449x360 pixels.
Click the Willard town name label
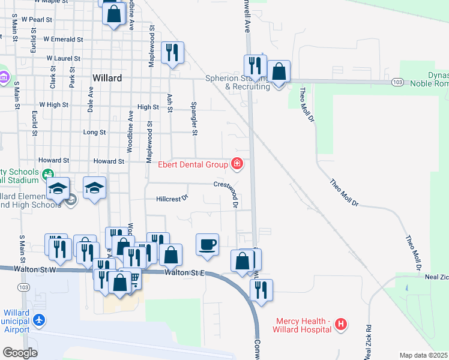[107, 78]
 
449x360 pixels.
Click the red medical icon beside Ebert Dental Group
[237, 164]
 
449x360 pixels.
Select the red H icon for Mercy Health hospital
[341, 325]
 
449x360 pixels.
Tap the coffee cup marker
[207, 244]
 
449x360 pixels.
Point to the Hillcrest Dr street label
[172, 197]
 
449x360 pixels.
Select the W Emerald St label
[62, 39]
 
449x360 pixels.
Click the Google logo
[20, 353]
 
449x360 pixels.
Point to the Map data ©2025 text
[424, 355]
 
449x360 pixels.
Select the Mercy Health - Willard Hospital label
[303, 325]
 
